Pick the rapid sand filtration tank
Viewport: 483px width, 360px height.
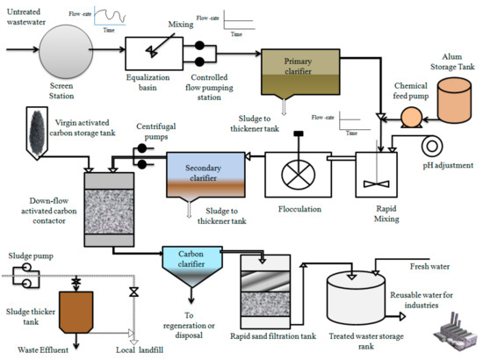tap(268, 294)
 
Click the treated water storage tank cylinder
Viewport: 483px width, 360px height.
tap(356, 295)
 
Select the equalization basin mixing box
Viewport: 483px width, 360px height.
tap(149, 49)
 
